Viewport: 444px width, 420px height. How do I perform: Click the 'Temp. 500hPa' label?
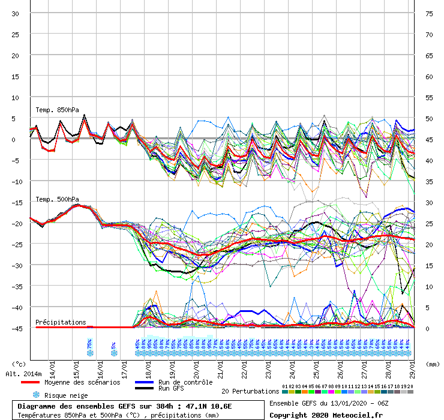[x=57, y=199]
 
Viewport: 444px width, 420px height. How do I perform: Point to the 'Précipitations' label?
[x=61, y=322]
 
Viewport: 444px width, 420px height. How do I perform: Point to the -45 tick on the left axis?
[x=16, y=328]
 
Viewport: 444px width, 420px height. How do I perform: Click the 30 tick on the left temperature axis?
[x=16, y=13]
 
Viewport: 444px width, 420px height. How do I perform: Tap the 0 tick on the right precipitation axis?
[x=428, y=328]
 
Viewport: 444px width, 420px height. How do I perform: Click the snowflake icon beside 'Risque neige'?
[x=36, y=395]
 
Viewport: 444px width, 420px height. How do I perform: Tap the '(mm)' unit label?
[x=433, y=364]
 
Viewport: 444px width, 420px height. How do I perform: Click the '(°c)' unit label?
[x=19, y=364]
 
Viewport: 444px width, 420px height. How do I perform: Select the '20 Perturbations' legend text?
[x=250, y=391]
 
